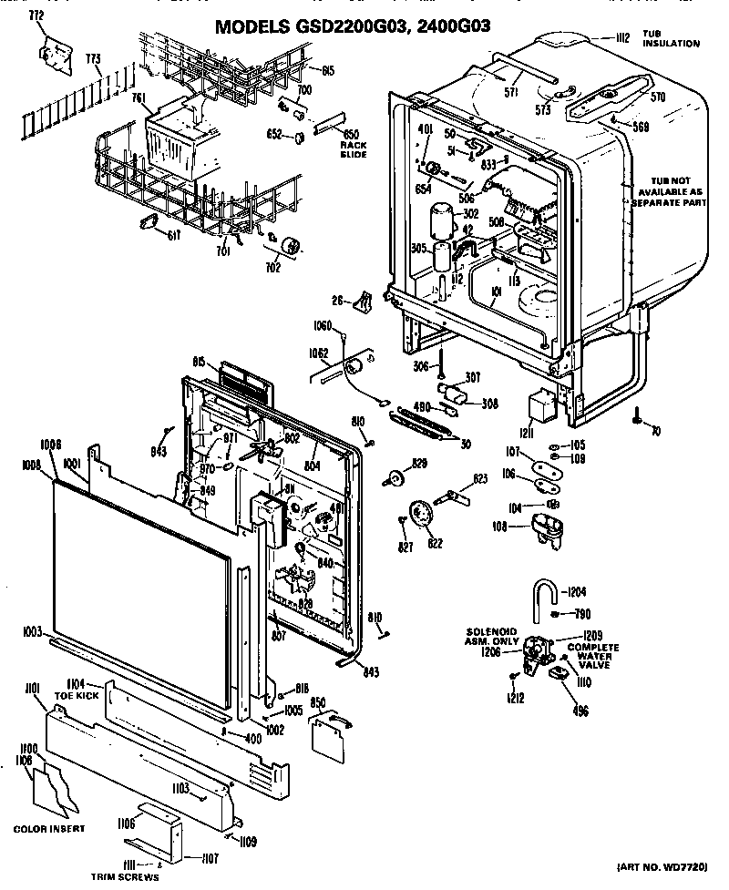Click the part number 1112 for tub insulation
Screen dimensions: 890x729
click(622, 37)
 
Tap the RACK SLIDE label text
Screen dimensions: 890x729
click(353, 149)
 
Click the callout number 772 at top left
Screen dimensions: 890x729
click(36, 17)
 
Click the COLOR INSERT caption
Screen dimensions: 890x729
click(49, 828)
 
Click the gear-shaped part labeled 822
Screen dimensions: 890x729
click(421, 516)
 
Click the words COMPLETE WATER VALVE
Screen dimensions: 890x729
click(593, 656)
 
